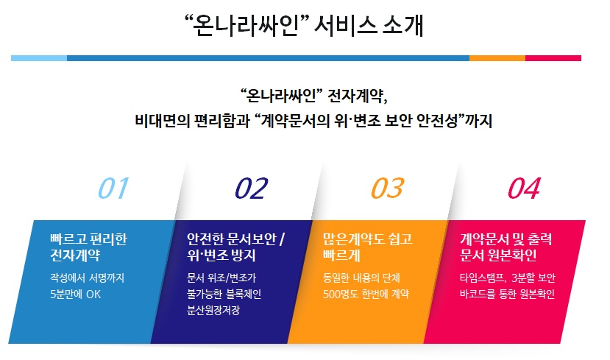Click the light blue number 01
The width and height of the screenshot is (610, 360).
(113, 188)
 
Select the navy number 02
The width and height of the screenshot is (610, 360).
(252, 188)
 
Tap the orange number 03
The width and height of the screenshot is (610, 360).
(388, 188)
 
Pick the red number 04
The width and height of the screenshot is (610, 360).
(525, 188)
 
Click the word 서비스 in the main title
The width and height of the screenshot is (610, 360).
(345, 26)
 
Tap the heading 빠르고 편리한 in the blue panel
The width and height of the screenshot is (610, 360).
(89, 239)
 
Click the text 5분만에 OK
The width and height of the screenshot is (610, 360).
(76, 294)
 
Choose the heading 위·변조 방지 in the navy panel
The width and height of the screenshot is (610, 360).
(221, 255)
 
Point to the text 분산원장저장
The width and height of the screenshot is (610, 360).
(213, 310)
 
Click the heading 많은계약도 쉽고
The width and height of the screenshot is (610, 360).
(368, 239)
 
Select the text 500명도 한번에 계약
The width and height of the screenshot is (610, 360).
(366, 294)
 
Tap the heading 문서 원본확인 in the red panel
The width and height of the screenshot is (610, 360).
(498, 255)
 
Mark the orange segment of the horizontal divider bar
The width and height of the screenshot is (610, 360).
(497, 58)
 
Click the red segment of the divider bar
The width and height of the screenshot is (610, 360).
(553, 58)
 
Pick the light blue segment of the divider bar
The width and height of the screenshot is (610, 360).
(39, 58)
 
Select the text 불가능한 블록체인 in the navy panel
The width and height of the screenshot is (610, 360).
(224, 294)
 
